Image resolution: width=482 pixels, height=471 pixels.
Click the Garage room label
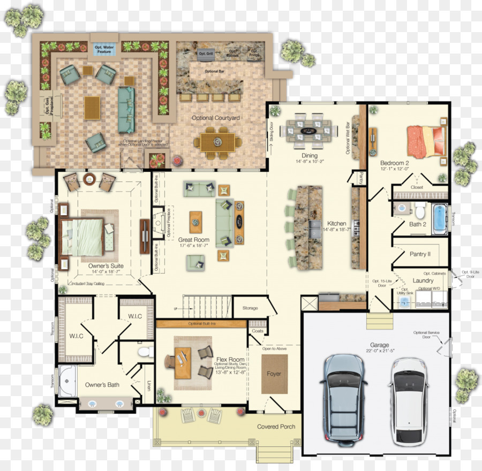(379, 345)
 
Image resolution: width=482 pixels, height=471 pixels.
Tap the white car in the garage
(408, 401)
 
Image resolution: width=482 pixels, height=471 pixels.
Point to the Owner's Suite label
(106, 265)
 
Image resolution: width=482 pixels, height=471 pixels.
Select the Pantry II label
(420, 254)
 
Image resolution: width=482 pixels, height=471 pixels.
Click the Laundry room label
(423, 280)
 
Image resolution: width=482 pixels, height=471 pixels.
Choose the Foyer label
(274, 374)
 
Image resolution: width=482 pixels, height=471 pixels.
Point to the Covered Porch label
(275, 427)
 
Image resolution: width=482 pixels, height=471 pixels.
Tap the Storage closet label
(250, 308)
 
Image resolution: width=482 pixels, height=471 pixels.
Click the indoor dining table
(311, 131)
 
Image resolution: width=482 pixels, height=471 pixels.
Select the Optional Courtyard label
(216, 118)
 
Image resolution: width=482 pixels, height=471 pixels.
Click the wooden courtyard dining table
(218, 142)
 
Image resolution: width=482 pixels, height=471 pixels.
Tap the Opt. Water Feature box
(104, 50)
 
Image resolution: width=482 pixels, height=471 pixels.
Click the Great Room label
(193, 240)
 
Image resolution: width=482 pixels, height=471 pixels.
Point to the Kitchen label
(337, 223)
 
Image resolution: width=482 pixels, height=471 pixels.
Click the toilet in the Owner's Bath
(142, 352)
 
